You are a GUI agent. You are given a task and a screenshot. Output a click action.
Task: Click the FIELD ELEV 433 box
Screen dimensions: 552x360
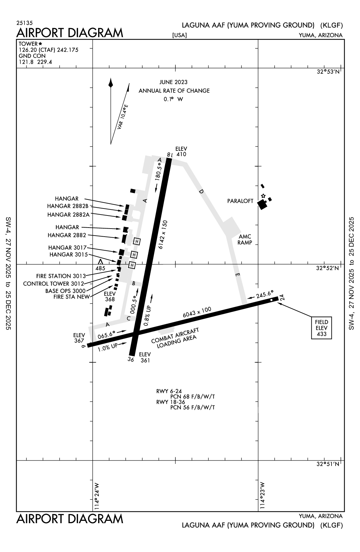click(321, 328)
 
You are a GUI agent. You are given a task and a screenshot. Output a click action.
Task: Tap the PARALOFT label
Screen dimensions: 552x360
click(240, 201)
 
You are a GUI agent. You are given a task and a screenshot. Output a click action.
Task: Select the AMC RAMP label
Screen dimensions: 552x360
click(245, 240)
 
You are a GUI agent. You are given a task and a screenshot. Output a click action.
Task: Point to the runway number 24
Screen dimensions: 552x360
click(282, 297)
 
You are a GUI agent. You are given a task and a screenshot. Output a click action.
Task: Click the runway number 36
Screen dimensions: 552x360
click(131, 359)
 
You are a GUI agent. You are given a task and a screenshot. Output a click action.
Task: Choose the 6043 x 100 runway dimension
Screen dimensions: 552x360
click(197, 313)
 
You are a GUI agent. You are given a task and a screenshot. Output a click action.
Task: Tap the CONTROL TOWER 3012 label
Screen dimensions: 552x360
click(54, 284)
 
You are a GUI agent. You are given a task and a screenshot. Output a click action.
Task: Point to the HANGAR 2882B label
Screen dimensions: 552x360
click(68, 206)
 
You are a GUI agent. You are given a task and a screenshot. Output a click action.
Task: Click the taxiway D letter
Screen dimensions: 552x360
click(201, 192)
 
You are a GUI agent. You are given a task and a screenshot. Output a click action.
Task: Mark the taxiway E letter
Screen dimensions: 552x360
click(237, 275)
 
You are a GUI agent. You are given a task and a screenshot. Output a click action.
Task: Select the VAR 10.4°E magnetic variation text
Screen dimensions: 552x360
click(123, 117)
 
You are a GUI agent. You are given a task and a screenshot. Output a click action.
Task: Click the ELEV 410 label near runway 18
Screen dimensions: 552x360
click(181, 151)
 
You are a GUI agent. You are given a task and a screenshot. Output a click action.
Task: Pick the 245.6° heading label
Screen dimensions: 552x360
click(265, 294)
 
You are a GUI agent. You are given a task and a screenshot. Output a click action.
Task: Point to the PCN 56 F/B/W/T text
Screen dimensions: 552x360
click(193, 408)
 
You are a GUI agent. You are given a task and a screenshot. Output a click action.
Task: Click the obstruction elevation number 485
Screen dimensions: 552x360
click(100, 268)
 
